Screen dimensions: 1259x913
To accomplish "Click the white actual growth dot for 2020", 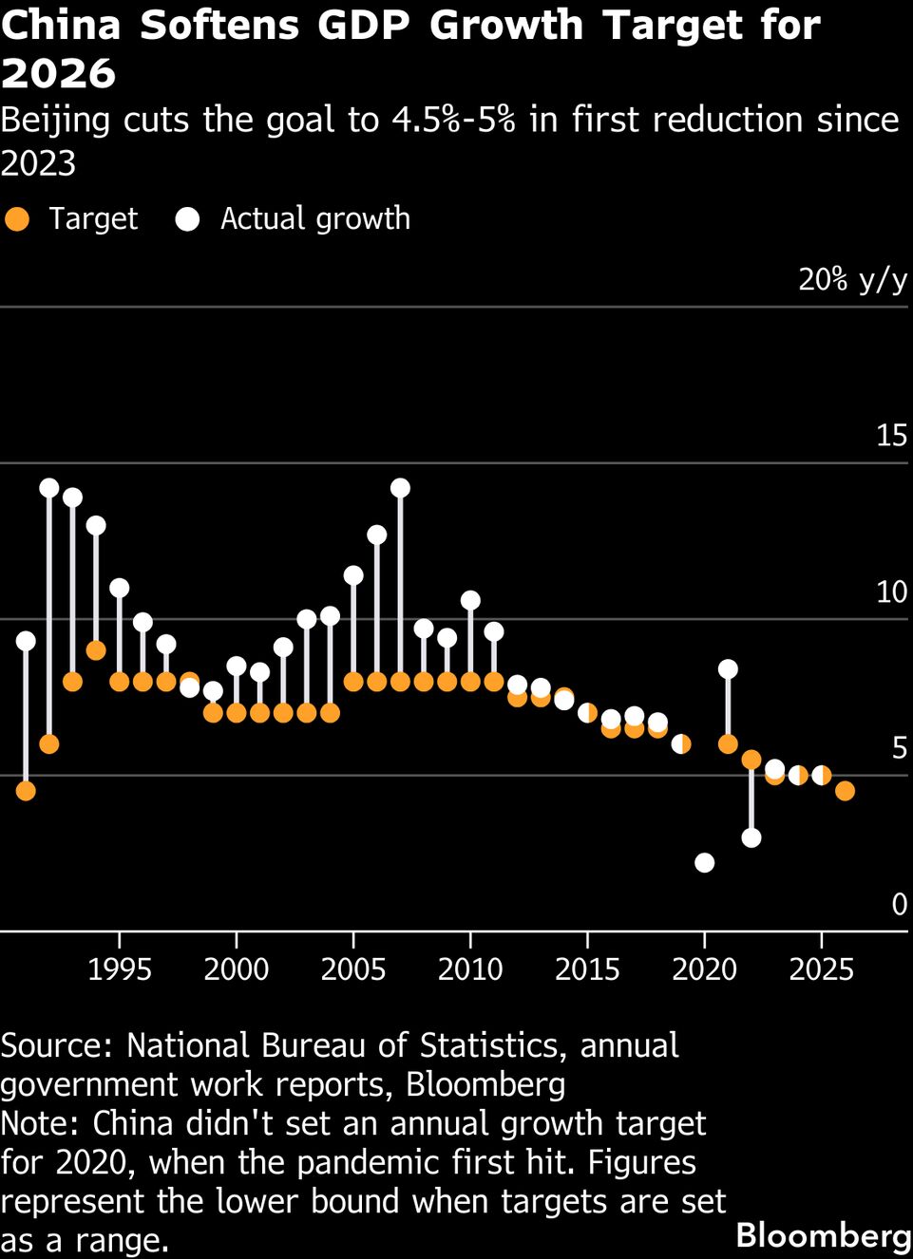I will click(704, 862).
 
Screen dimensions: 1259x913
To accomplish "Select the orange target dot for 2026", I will click(845, 790).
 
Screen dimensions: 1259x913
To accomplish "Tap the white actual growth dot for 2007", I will click(400, 488).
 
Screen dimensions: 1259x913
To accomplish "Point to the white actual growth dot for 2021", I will click(728, 668).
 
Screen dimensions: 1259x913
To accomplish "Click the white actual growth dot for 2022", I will click(751, 837).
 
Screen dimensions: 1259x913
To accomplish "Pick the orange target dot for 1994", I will click(96, 649).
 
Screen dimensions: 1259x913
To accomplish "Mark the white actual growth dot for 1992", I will click(49, 488).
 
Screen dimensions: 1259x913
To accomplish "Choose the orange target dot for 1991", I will click(26, 790).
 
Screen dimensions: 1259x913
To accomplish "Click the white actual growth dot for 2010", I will click(470, 600).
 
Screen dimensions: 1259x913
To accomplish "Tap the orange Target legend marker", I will click(17, 219).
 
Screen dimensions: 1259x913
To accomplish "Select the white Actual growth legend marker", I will click(188, 219).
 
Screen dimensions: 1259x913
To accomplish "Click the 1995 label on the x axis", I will click(119, 968).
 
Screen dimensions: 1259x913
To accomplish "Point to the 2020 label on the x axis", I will click(704, 968).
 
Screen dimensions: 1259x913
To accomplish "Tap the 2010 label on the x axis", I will click(470, 968).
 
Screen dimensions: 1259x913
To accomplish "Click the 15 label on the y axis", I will click(891, 436).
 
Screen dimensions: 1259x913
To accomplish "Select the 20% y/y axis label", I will click(852, 279).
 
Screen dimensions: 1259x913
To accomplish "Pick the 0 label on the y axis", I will click(899, 905).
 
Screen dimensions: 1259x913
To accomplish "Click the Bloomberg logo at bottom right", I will click(823, 1235).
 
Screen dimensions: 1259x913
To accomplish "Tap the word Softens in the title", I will click(219, 26).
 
